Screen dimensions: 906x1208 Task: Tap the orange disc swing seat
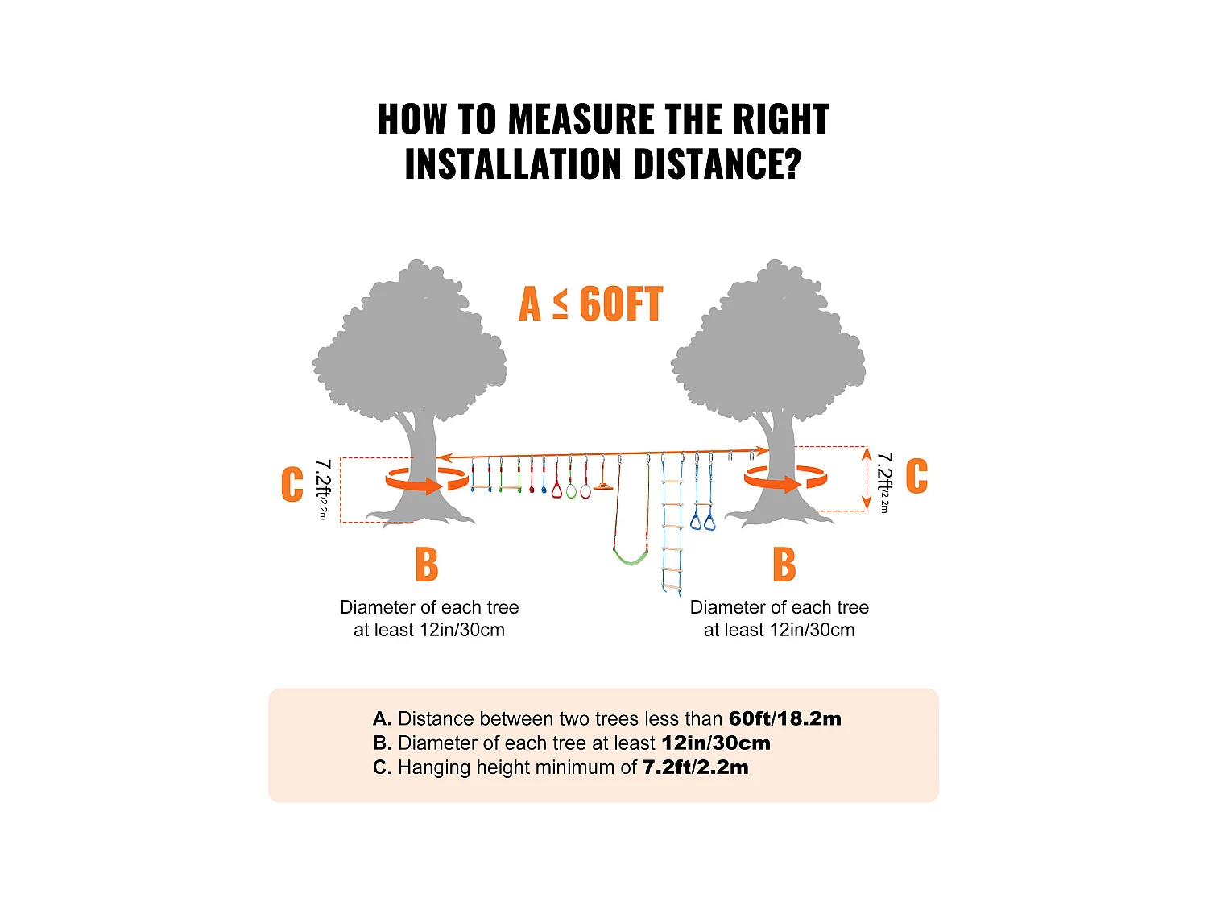(603, 486)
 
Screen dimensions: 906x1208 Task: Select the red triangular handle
(556, 490)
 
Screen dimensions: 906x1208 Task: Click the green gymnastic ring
(571, 490)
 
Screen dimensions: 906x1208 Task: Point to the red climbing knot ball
(532, 489)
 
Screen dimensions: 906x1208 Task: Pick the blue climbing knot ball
(544, 489)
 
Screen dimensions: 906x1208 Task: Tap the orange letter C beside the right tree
(916, 476)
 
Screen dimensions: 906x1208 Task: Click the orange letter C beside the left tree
(292, 484)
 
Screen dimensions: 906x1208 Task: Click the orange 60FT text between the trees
(621, 304)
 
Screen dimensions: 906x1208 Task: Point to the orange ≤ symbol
(561, 304)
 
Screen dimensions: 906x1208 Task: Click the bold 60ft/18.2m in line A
(784, 718)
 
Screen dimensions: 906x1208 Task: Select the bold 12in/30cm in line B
(715, 743)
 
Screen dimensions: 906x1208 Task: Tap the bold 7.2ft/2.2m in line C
(695, 767)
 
